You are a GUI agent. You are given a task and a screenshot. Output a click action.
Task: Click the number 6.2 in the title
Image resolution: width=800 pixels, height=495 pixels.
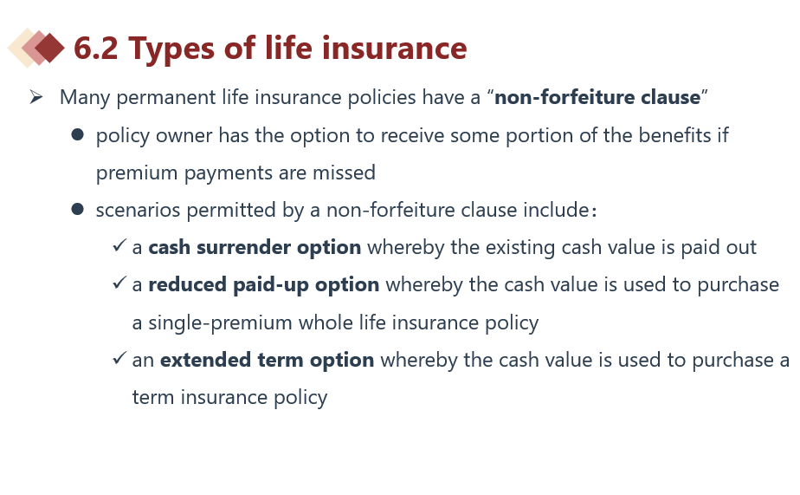coord(96,48)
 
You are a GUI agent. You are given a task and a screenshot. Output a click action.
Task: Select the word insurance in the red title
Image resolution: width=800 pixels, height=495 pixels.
coord(395,48)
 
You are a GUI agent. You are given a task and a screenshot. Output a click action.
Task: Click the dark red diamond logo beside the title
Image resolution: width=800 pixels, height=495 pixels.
coord(49,48)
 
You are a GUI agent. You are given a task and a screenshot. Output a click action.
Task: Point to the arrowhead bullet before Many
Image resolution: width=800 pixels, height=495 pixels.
coord(35,96)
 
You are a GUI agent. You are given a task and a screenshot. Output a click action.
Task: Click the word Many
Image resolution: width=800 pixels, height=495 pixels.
coord(85,98)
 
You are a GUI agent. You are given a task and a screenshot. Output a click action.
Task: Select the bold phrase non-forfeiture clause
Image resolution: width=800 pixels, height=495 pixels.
coord(597,97)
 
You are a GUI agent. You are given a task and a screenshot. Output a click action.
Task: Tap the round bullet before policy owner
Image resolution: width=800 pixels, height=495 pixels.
coord(78,135)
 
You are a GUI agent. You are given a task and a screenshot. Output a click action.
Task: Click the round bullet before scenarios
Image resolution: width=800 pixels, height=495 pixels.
coord(78,210)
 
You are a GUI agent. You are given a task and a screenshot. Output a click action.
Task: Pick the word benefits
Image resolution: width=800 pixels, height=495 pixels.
coord(674,135)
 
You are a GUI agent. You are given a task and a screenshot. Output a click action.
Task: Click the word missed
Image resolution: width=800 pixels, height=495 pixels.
coord(344,173)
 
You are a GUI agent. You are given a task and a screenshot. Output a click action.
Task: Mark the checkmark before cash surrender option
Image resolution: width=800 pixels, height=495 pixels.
coord(119,245)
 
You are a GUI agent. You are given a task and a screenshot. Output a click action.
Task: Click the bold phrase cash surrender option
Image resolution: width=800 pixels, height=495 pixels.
coord(255,248)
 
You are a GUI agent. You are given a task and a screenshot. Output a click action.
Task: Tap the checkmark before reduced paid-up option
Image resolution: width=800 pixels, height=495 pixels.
coord(119,283)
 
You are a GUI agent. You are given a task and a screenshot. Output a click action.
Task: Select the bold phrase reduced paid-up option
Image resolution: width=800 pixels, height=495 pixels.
coord(264,285)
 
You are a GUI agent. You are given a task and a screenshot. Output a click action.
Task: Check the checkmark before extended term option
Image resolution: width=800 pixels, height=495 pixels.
coord(119,357)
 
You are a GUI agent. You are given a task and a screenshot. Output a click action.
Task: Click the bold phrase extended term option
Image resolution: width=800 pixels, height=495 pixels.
coord(267,360)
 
